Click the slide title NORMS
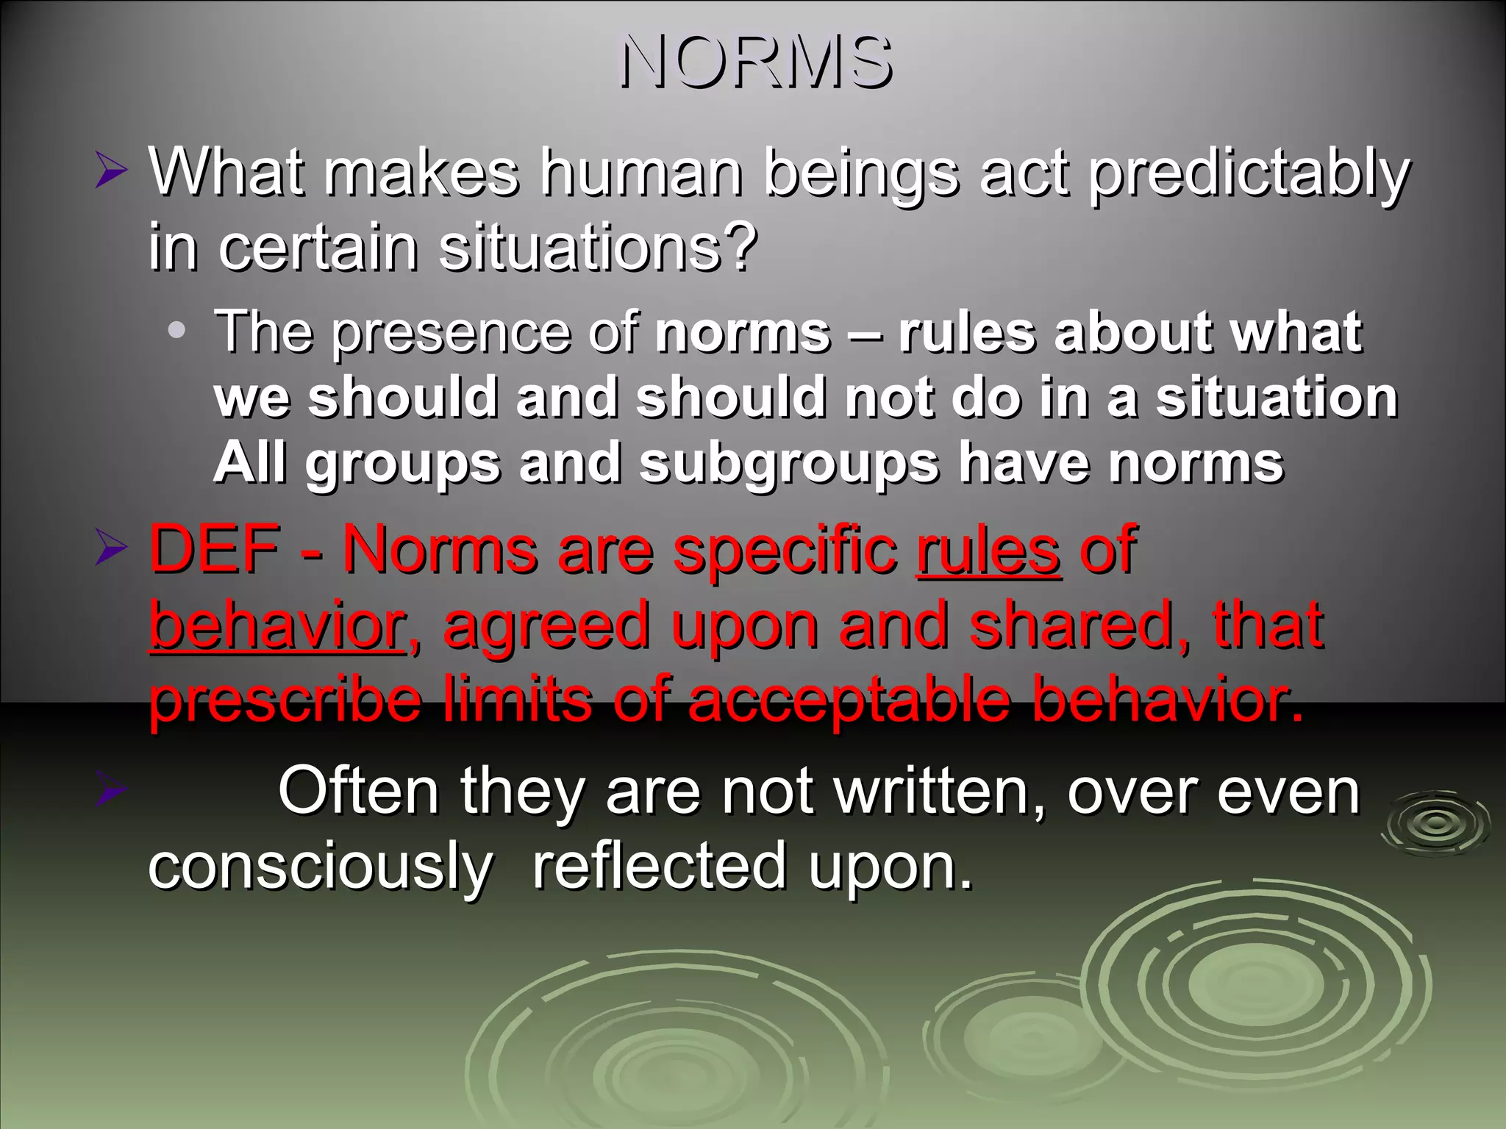click(x=755, y=62)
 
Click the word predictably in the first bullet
click(x=1249, y=174)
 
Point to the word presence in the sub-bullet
click(x=451, y=332)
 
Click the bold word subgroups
click(x=788, y=464)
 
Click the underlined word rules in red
click(x=988, y=551)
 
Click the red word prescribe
click(x=285, y=700)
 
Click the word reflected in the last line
click(x=660, y=867)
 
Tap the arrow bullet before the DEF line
click(x=111, y=550)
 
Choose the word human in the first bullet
click(x=640, y=174)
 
